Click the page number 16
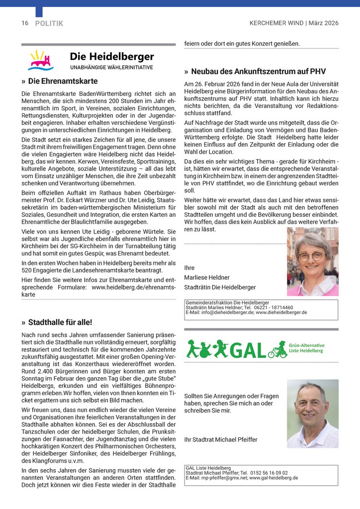pos(25,23)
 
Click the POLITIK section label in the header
pos(49,23)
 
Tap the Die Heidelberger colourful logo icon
pos(41,61)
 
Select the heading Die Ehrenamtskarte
pos(63,81)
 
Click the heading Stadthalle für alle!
pos(60,322)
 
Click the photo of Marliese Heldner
pos(312,261)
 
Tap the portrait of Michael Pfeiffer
pos(312,414)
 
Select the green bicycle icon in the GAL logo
pos(277,352)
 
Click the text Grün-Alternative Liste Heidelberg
pos(306,348)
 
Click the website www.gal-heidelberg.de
pos(273,478)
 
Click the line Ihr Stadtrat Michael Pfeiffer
pos(221,440)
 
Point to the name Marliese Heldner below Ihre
pos(207,277)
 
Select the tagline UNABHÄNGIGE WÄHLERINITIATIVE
pos(111,68)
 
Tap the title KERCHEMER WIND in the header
pos(277,23)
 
